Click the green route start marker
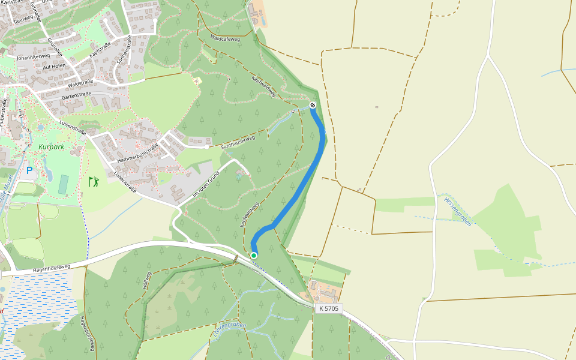[x=254, y=256]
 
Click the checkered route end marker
[x=313, y=106]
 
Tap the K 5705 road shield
[x=329, y=308]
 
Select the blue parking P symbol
[x=29, y=171]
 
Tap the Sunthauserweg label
[x=238, y=142]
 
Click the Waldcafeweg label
[x=225, y=38]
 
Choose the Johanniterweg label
[x=33, y=57]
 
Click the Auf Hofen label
[x=54, y=67]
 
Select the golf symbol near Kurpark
[x=94, y=181]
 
